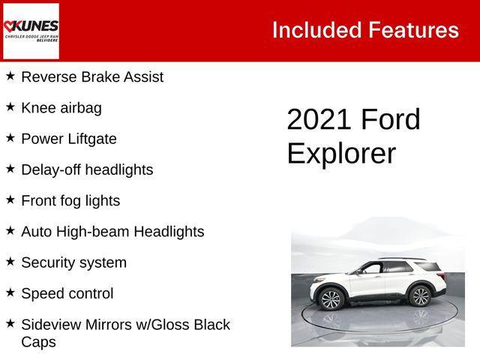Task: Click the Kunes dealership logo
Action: click(x=31, y=31)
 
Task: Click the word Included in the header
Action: click(x=316, y=30)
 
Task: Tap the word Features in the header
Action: click(x=413, y=30)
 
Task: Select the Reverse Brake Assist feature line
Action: click(x=92, y=76)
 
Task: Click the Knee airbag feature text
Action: click(x=61, y=108)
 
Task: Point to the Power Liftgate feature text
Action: click(x=69, y=139)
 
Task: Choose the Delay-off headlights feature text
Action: click(x=87, y=170)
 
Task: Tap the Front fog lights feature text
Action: click(x=70, y=201)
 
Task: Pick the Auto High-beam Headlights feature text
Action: click(x=112, y=232)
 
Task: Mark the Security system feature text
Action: click(x=73, y=262)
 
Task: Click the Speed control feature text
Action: click(x=67, y=294)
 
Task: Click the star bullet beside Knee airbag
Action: click(x=10, y=106)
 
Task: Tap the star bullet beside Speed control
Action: click(x=10, y=292)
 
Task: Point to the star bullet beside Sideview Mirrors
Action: click(x=10, y=323)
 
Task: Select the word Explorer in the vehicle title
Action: click(x=341, y=153)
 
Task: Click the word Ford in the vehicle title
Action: click(x=391, y=120)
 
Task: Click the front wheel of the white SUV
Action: click(x=331, y=299)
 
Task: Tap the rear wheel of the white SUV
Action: click(x=421, y=297)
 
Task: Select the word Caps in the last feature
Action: click(x=38, y=342)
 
